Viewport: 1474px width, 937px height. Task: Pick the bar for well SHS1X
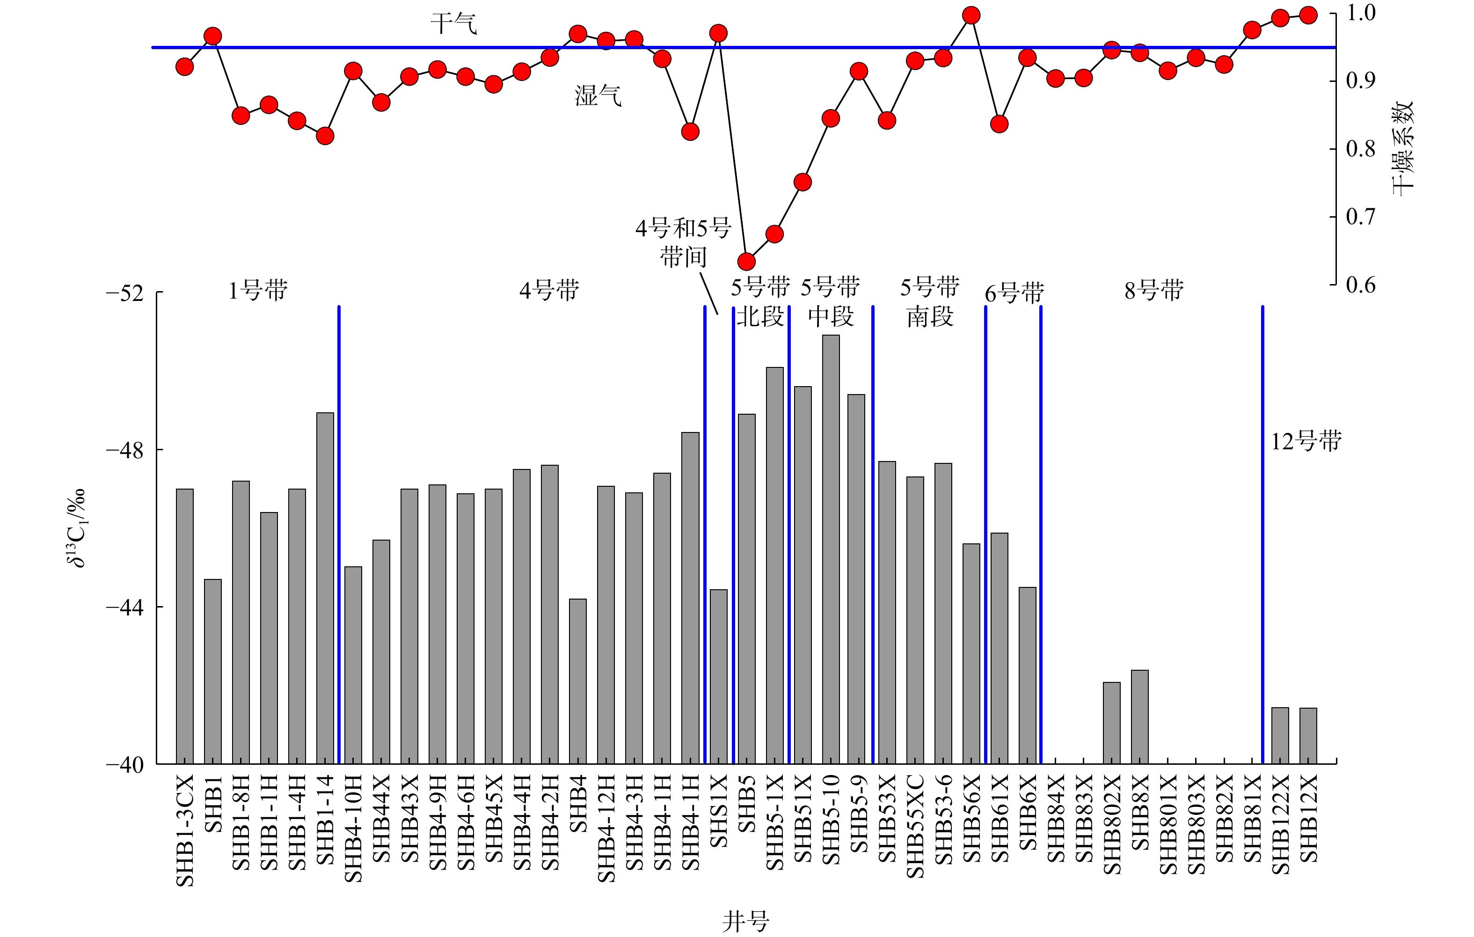click(719, 676)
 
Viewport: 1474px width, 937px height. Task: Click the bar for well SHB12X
click(1308, 736)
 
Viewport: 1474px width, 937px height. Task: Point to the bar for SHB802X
click(1112, 723)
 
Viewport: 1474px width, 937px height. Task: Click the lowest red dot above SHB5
click(746, 262)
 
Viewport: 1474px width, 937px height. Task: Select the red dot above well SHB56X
click(971, 15)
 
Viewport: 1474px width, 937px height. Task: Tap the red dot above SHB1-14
click(325, 135)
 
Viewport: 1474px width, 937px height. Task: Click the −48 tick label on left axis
click(125, 451)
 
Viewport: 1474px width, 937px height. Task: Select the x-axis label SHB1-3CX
click(185, 830)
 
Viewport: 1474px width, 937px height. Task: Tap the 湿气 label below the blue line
click(598, 95)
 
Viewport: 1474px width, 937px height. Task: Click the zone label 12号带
click(1306, 441)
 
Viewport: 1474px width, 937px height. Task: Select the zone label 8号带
click(1154, 290)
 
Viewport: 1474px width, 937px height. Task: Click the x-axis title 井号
click(745, 921)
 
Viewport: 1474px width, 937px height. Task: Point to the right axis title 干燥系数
click(1402, 149)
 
